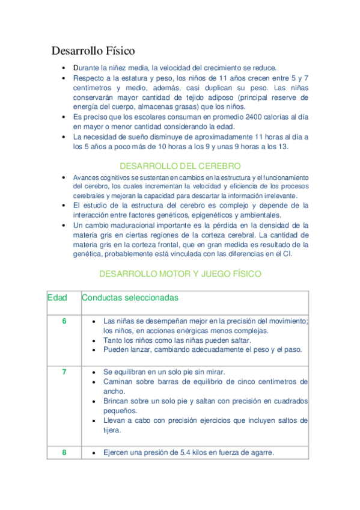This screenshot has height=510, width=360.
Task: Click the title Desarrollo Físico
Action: coord(93,51)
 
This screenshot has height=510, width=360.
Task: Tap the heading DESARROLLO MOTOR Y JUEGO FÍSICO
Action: coord(180,274)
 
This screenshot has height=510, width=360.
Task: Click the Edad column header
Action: coord(57,298)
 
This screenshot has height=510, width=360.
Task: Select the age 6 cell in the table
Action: coord(64,321)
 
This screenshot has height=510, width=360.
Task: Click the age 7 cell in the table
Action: coord(64,372)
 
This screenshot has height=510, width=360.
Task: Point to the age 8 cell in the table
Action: coord(64,452)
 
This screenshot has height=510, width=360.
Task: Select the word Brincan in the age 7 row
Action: coord(117,401)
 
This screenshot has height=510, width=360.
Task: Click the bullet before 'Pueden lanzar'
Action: coord(94,349)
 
